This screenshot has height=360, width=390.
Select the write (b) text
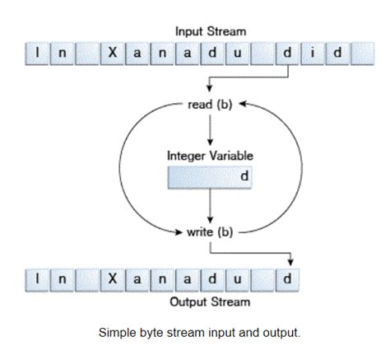211,231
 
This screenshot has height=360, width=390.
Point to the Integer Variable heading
211,156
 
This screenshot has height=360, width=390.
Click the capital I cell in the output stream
37,278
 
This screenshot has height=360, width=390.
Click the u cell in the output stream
238,278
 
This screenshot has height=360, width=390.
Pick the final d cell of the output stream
287,278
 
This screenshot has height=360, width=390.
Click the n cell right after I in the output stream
62,278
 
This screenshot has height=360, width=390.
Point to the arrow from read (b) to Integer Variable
211,129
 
